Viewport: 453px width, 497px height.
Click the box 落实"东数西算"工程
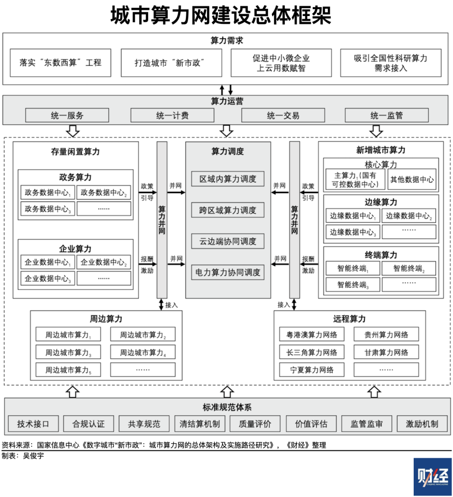point(61,63)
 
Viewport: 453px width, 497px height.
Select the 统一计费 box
point(172,115)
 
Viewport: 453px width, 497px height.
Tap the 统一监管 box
point(386,115)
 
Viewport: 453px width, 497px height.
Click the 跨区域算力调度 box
point(228,210)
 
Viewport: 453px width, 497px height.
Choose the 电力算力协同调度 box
point(228,272)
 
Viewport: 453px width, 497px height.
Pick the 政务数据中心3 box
point(48,209)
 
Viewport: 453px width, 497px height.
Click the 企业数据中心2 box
point(104,262)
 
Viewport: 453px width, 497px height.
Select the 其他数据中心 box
point(412,180)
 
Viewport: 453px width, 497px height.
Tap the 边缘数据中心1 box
point(353,216)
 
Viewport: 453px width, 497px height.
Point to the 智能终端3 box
point(353,285)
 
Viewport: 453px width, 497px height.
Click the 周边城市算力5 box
point(68,370)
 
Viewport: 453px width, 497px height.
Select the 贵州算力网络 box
point(386,334)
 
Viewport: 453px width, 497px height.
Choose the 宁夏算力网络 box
point(312,370)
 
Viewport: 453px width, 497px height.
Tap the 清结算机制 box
point(200,424)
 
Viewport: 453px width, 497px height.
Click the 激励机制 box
point(422,424)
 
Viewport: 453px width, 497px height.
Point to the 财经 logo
point(433,476)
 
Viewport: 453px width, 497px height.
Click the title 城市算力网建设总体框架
point(221,15)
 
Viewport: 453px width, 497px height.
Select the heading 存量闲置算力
point(76,152)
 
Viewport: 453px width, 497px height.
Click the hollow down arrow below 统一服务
point(73,130)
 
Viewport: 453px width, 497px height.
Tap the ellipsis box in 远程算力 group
point(386,370)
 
